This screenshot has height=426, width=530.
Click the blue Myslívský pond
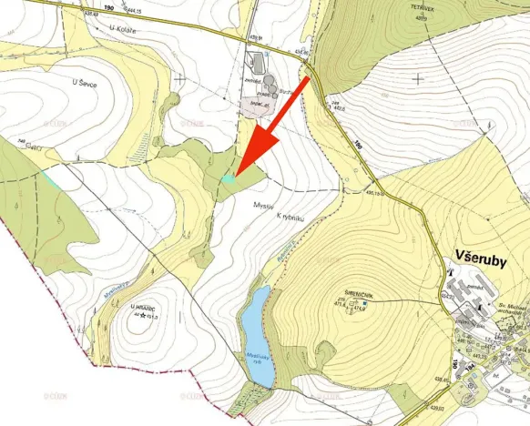(x=256, y=331)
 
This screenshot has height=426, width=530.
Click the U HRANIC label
(x=144, y=307)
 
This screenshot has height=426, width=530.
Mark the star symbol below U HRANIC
(x=143, y=316)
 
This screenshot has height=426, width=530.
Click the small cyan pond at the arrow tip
(x=230, y=179)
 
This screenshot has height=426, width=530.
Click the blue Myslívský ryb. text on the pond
(x=256, y=359)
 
